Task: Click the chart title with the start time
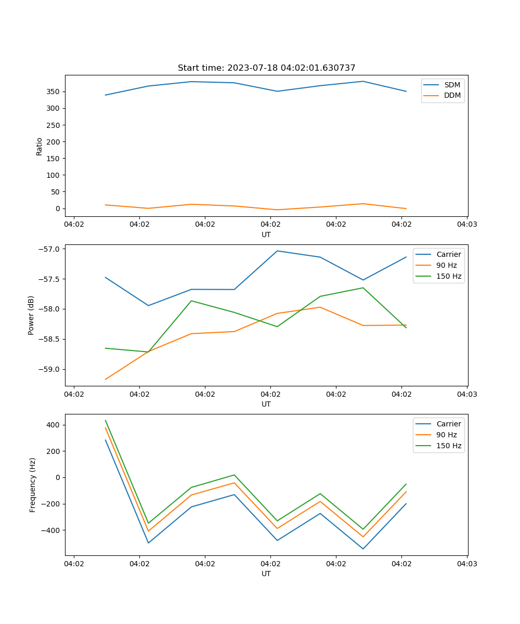click(x=266, y=68)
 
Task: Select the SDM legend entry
click(x=452, y=85)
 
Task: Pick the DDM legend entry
click(x=452, y=95)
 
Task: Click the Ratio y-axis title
click(x=40, y=146)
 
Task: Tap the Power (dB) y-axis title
click(x=31, y=315)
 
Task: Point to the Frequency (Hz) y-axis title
click(x=33, y=485)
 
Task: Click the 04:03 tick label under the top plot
click(x=467, y=225)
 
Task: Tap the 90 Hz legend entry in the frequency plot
click(x=446, y=435)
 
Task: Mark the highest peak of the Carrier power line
click(x=277, y=251)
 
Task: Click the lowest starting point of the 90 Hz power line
click(x=106, y=379)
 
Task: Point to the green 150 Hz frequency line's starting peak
click(x=106, y=421)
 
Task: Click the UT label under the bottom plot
click(x=266, y=574)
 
